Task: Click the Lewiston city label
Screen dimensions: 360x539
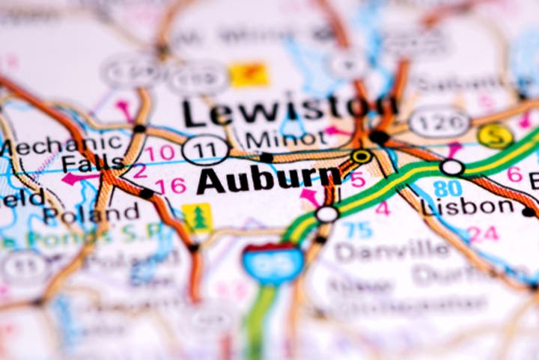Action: point(288,112)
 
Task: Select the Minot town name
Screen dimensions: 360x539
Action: point(286,140)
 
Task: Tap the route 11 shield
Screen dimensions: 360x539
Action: point(205,149)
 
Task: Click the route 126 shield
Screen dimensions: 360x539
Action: point(439,121)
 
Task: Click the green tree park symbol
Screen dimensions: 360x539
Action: point(198,217)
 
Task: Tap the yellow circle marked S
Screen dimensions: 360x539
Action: point(495,135)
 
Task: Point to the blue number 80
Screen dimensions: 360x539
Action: point(448,189)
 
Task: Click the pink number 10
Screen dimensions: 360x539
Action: point(159,154)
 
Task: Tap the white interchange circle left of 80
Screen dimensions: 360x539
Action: point(452,168)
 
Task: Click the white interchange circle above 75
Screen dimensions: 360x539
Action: point(327,214)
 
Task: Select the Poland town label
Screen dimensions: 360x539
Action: point(91,214)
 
